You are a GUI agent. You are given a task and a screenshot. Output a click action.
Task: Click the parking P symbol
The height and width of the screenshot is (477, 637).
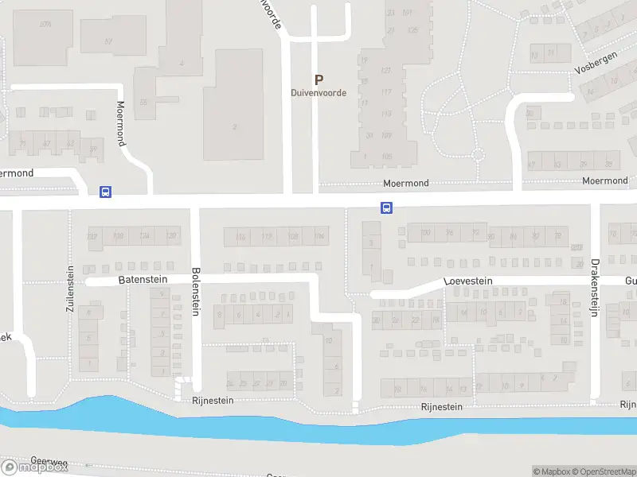pyautogui.click(x=318, y=79)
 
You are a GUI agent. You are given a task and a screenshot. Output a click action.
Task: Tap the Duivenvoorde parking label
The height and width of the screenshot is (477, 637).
pyautogui.click(x=318, y=92)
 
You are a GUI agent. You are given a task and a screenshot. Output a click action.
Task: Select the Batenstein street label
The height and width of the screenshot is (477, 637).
pyautogui.click(x=143, y=280)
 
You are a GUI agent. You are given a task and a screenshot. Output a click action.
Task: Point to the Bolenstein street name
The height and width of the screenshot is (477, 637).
pyautogui.click(x=195, y=292)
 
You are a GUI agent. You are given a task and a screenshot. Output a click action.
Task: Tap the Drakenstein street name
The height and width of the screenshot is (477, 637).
pyautogui.click(x=594, y=288)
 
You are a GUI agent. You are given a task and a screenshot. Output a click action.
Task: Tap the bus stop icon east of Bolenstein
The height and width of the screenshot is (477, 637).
pyautogui.click(x=386, y=208)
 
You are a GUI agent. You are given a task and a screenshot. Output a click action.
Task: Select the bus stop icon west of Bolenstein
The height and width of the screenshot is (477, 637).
pyautogui.click(x=105, y=192)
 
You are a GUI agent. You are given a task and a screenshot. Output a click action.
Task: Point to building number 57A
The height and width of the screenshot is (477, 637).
pyautogui.click(x=45, y=25)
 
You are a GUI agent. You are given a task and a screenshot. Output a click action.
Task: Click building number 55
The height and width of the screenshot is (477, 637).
pyautogui.click(x=143, y=102)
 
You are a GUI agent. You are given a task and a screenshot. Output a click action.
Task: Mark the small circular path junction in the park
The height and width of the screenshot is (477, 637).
pyautogui.click(x=478, y=154)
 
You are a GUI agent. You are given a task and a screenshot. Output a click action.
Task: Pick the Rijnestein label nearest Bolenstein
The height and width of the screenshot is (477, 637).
pyautogui.click(x=213, y=401)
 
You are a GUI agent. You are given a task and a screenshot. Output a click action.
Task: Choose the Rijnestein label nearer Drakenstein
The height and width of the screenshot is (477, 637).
pyautogui.click(x=442, y=407)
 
